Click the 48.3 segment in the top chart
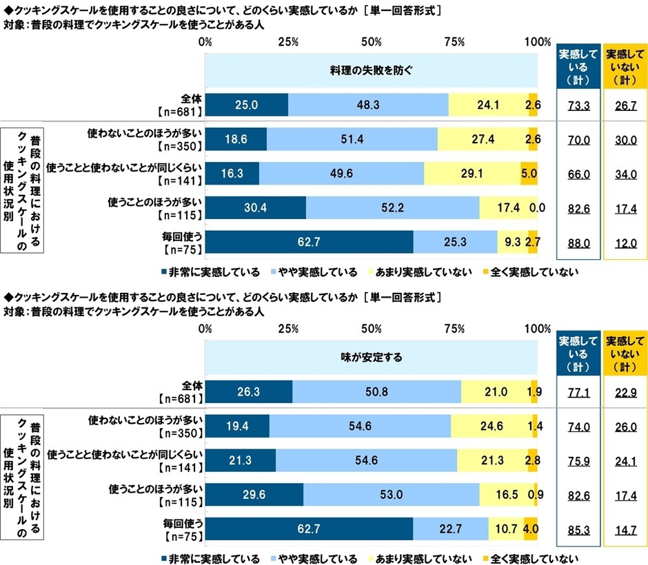click(x=368, y=105)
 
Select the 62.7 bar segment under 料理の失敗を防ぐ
click(x=309, y=242)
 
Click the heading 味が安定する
click(x=371, y=358)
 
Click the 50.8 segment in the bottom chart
click(x=376, y=392)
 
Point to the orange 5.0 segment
click(x=529, y=173)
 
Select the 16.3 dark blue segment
click(x=232, y=173)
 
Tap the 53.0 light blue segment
click(x=391, y=495)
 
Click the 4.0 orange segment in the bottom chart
click(x=530, y=530)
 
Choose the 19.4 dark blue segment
click(x=236, y=427)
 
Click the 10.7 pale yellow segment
click(x=506, y=530)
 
